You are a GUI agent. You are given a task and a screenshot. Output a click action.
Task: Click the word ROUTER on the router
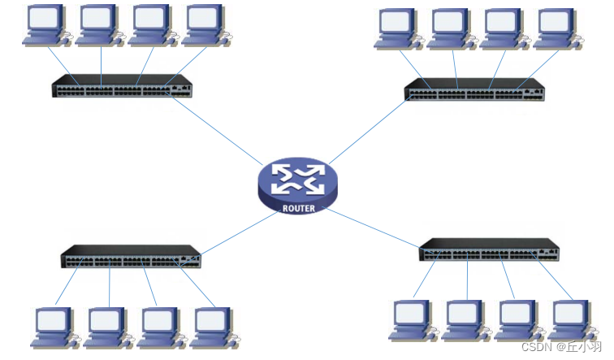pos(298,208)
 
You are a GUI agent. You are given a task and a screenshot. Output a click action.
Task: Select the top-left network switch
pos(122,86)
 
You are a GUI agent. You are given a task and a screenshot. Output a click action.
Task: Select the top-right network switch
pos(474,89)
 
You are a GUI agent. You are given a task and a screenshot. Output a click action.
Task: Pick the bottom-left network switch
pos(131,257)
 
